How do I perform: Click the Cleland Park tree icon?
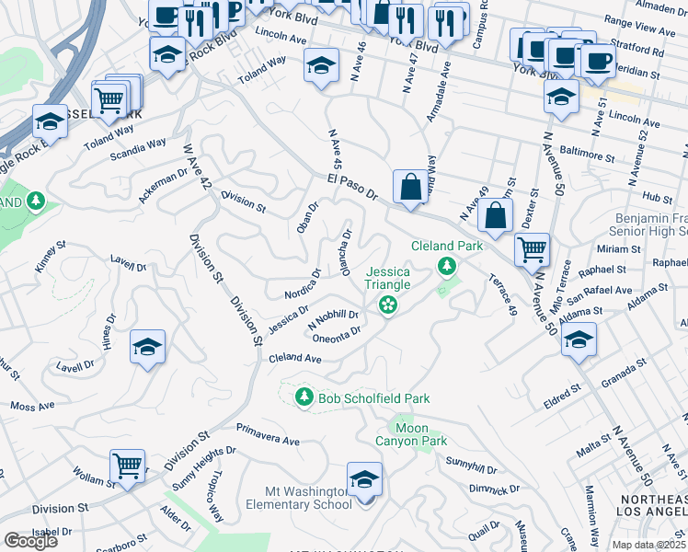tap(447, 266)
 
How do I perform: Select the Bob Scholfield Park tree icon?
tap(304, 397)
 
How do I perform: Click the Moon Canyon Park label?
tap(420, 434)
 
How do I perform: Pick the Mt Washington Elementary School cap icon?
tap(364, 480)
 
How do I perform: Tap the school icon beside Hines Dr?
tap(147, 347)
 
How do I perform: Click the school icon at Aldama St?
tap(579, 339)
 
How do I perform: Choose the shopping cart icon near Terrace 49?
tap(532, 247)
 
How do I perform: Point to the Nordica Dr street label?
tap(303, 282)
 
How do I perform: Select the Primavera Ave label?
tap(268, 434)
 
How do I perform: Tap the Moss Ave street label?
tap(33, 405)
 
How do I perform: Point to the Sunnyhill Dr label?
tap(471, 465)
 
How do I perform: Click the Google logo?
tap(30, 541)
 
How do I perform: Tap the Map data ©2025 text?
tap(648, 544)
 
